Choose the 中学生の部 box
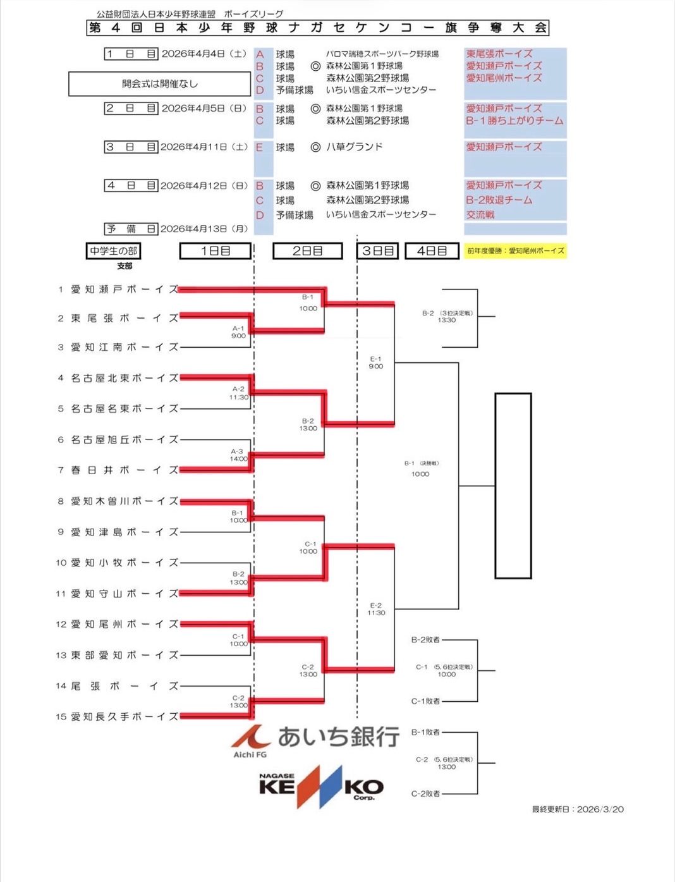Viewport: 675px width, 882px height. point(113,251)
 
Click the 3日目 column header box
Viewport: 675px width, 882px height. point(377,251)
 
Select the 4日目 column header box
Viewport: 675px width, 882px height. point(432,251)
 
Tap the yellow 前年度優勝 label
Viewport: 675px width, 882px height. point(515,251)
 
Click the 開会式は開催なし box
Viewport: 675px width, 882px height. point(159,83)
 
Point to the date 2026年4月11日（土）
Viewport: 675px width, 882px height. point(204,147)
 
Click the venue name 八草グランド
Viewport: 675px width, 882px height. point(354,147)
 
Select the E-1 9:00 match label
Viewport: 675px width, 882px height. point(375,362)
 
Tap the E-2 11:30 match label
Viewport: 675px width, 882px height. point(375,609)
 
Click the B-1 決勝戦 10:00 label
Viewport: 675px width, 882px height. point(421,469)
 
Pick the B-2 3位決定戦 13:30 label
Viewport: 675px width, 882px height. point(447,317)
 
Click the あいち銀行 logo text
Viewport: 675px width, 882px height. point(337,737)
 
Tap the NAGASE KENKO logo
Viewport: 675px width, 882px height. point(321,786)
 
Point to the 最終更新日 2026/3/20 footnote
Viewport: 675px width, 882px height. point(577,809)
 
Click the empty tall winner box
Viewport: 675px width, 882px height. point(513,486)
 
